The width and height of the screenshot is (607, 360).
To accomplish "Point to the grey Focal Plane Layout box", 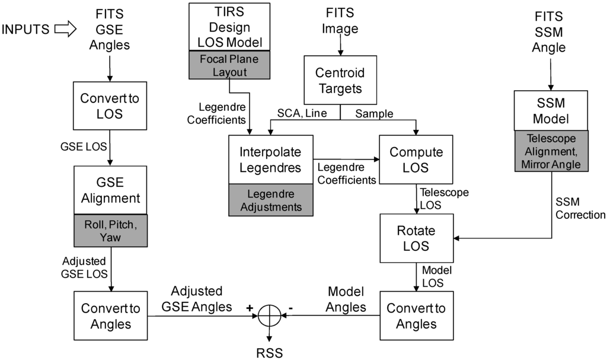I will click(x=229, y=66).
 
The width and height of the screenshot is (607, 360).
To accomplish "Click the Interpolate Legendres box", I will click(x=271, y=159).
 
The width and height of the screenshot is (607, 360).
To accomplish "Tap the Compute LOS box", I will click(x=416, y=160).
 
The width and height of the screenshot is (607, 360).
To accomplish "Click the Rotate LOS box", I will click(x=416, y=237).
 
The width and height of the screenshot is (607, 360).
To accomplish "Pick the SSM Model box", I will click(x=551, y=110).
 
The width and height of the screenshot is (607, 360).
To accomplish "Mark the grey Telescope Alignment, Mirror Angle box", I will click(x=551, y=152).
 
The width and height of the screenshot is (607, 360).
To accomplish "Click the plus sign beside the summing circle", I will click(x=250, y=308).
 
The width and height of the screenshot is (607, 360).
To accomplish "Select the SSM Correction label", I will click(x=579, y=208).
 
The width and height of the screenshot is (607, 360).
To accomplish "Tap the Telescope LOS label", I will click(x=444, y=199).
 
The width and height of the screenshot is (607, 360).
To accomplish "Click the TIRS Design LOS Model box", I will click(x=229, y=27).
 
